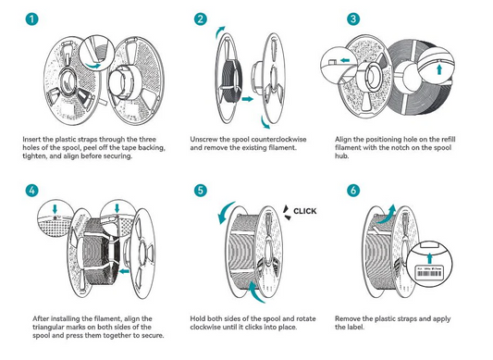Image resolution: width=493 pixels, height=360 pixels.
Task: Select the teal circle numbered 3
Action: (x=351, y=19)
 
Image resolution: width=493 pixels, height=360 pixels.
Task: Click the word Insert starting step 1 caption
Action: (x=31, y=138)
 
